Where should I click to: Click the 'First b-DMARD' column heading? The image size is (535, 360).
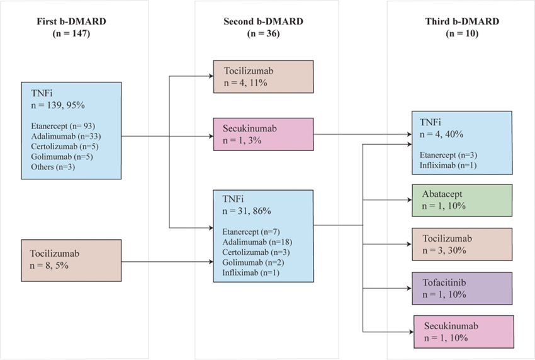(x=71, y=21)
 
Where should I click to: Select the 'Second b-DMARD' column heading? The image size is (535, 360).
(x=263, y=21)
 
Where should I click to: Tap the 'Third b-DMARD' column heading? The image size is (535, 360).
(x=462, y=21)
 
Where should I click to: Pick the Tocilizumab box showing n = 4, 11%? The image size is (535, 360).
(x=263, y=77)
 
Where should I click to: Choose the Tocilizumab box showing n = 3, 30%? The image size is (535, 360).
(x=463, y=245)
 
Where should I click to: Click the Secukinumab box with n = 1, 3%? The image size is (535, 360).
(x=263, y=133)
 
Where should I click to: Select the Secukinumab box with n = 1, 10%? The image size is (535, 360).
(x=463, y=332)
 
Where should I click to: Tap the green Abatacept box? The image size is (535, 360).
(x=463, y=201)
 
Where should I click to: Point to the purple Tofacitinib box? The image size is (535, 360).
(x=463, y=288)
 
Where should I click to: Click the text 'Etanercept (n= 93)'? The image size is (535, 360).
(x=60, y=125)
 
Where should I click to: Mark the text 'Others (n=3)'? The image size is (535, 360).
(x=51, y=167)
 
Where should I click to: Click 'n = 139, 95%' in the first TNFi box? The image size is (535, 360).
(x=55, y=104)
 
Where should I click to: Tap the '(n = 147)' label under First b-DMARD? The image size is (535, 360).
(x=71, y=34)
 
